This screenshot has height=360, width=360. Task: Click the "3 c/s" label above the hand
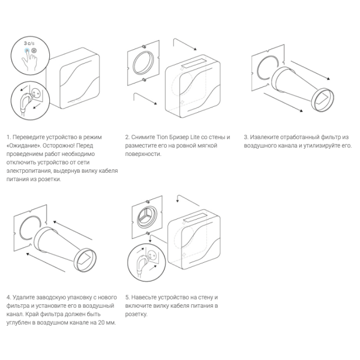(x=29, y=43)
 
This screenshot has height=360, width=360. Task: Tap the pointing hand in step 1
(x=29, y=59)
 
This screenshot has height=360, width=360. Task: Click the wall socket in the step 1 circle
(x=36, y=93)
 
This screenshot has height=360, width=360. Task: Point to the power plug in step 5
(x=141, y=264)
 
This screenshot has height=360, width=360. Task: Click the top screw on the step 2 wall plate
(x=143, y=47)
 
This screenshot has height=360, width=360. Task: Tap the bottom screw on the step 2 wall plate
(x=144, y=80)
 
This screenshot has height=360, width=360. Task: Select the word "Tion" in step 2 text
(x=163, y=137)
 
